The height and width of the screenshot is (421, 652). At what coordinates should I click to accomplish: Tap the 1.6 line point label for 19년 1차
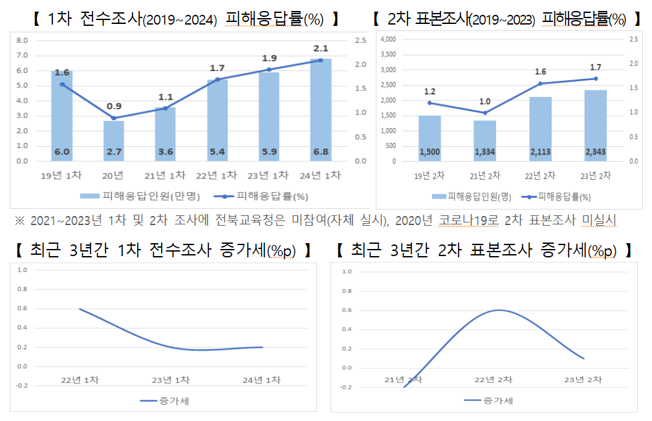pyautogui.click(x=62, y=72)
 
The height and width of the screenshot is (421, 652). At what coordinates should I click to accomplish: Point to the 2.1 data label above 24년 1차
pyautogui.click(x=321, y=49)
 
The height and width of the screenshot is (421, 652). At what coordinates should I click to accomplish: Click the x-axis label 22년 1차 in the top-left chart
pyautogui.click(x=217, y=175)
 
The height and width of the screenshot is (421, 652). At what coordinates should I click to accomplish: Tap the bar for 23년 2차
pyautogui.click(x=595, y=125)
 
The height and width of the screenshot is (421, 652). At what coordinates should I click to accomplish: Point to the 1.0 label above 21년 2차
pyautogui.click(x=484, y=102)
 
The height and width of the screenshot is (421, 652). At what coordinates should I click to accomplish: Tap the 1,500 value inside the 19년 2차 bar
pyautogui.click(x=429, y=152)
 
